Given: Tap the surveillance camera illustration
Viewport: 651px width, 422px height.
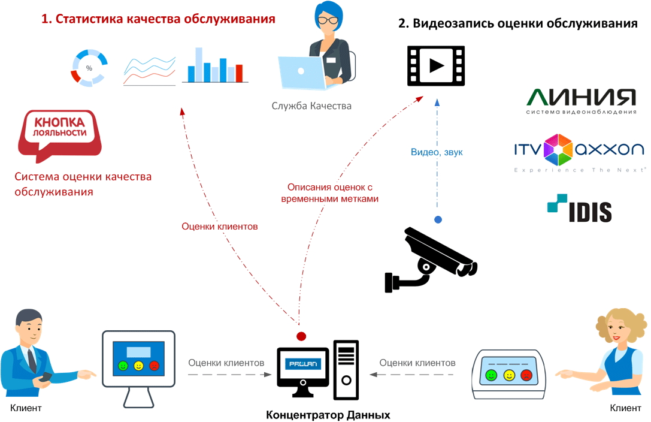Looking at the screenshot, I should (429, 258).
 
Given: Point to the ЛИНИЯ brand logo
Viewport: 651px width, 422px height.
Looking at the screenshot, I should (581, 100).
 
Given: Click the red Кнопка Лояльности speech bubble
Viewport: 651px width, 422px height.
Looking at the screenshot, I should (58, 133).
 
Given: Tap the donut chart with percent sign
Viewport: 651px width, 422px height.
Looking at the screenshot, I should (89, 68).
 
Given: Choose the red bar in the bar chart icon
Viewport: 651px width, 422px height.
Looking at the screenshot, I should (239, 73).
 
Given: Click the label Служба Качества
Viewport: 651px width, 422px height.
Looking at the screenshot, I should (311, 106).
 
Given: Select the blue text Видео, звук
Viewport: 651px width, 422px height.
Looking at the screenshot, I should (437, 152).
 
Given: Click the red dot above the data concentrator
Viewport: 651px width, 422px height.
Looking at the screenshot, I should (301, 336).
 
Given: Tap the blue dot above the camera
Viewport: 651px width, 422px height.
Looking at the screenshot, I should (438, 220).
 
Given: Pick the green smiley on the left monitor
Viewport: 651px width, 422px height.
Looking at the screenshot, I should (123, 365).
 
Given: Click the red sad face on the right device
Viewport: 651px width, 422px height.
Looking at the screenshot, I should (526, 375).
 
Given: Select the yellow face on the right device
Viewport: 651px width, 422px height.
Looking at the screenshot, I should (509, 375).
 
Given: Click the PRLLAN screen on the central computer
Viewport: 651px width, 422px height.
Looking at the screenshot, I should (302, 363).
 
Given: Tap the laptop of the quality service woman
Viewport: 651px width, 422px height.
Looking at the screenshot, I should (302, 72).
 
